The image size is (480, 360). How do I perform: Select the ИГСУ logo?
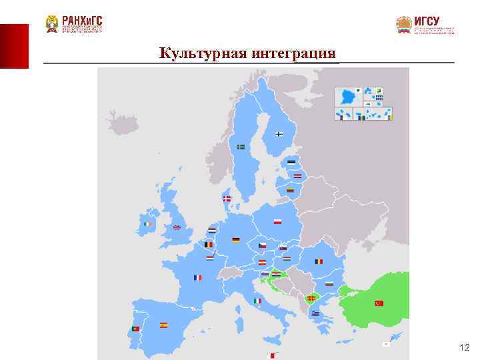425,25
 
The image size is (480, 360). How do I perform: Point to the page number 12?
465,348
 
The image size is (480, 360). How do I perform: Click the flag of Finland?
279,134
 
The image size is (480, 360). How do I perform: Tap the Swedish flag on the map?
241,147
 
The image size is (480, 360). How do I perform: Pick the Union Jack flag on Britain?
177,227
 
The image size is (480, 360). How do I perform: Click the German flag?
235,239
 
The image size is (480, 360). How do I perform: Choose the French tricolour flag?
197,277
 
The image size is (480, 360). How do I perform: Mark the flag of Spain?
163,325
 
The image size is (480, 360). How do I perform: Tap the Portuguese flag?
135,329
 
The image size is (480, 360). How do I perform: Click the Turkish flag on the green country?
379,303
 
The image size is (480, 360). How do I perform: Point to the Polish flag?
277,221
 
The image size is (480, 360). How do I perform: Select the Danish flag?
227,199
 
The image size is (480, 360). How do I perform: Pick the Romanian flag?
319,261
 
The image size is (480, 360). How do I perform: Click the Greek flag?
315,313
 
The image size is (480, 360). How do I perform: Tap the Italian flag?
257,301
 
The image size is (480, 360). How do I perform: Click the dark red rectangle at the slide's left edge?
14,46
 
